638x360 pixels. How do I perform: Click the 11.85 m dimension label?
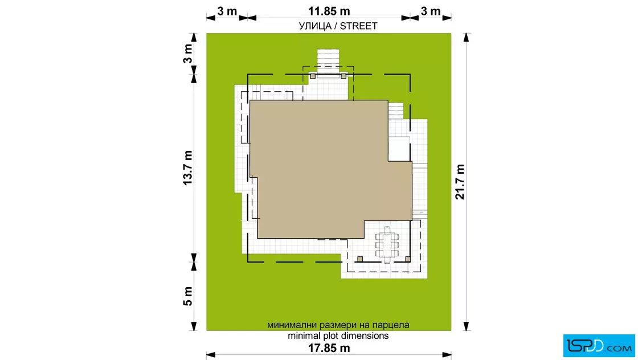point(329,11)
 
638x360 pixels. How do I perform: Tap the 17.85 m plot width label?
point(329,348)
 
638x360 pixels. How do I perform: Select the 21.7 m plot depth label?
point(460,182)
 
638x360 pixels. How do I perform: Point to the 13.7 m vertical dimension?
point(187,167)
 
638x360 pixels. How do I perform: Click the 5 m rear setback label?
point(187,296)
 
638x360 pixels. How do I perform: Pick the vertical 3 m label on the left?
point(187,54)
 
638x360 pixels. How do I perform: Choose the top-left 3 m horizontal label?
point(227,11)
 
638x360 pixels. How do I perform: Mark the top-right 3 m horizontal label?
point(431,11)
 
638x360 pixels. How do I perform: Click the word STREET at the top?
point(358,26)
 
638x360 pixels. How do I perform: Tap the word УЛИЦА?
point(315,26)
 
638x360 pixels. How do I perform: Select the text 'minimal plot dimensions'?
point(338,336)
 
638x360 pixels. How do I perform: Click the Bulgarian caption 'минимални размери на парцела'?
point(338,325)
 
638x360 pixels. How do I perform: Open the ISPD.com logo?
point(599,346)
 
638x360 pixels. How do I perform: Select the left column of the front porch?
point(313,76)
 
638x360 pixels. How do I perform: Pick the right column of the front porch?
point(343,76)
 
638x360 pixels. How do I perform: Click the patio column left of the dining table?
point(359,259)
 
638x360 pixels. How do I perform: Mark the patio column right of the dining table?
point(408,259)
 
